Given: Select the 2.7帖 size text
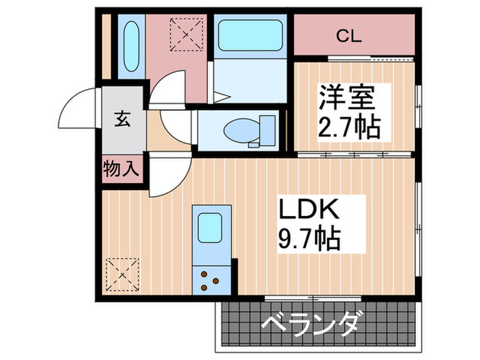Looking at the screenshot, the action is (347, 128).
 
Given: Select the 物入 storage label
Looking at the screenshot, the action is (121, 167).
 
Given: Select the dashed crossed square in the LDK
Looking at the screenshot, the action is (123, 274).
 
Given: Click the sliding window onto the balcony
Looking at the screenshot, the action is (293, 297).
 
